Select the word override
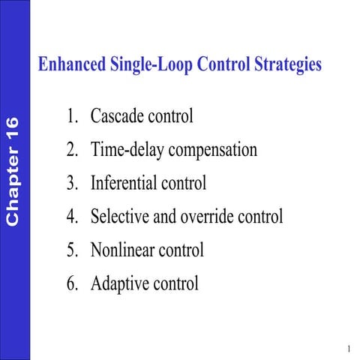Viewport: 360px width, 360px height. pyautogui.click(x=187, y=217)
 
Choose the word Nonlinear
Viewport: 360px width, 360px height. pyautogui.click(x=123, y=250)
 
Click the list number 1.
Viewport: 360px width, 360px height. pyautogui.click(x=71, y=117)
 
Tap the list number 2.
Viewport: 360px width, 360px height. pyautogui.click(x=71, y=150)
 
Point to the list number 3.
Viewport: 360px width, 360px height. pyautogui.click(x=71, y=183)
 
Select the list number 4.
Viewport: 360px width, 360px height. pyautogui.click(x=71, y=217)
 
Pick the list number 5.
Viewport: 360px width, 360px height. pyautogui.click(x=71, y=250)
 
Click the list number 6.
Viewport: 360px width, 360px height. pyautogui.click(x=71, y=283)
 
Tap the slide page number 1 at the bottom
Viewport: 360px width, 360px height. pyautogui.click(x=349, y=349)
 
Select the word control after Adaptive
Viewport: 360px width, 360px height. pyautogui.click(x=176, y=283)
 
